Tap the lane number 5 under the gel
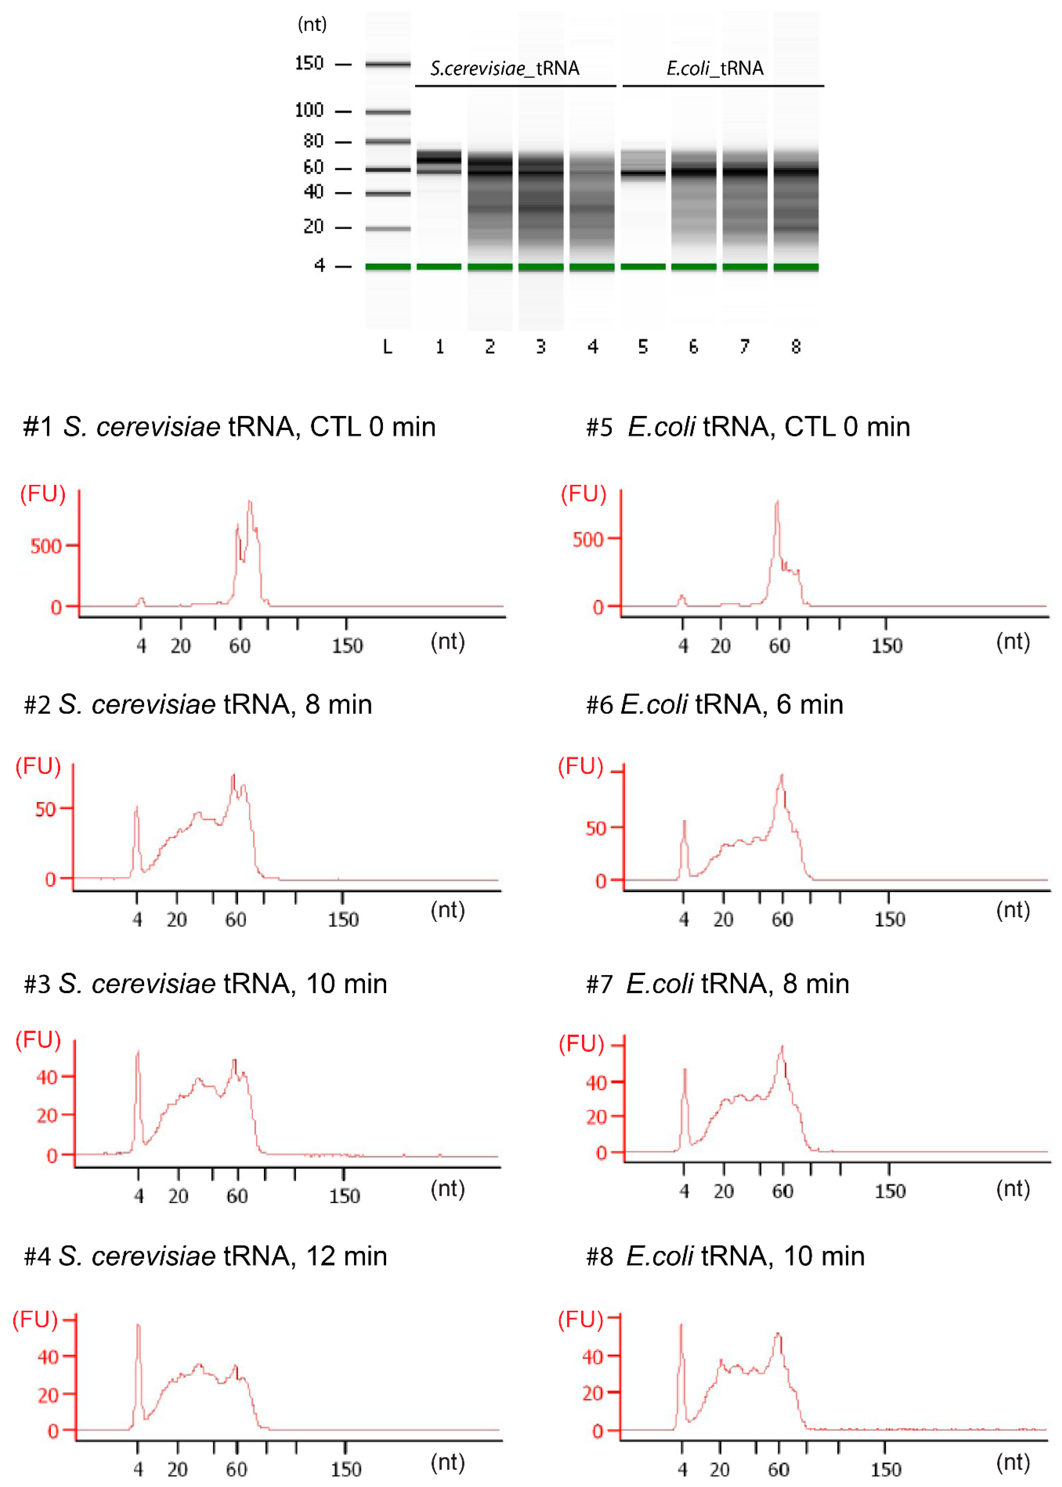(643, 346)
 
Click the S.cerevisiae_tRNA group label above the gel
(504, 68)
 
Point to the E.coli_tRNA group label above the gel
(715, 68)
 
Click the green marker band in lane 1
(439, 267)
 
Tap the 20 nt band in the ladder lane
(388, 228)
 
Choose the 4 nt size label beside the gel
(319, 265)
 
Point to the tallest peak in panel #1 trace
(249, 502)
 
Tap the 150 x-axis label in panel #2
(343, 920)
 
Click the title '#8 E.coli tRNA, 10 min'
(725, 1256)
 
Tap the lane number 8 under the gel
(795, 346)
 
